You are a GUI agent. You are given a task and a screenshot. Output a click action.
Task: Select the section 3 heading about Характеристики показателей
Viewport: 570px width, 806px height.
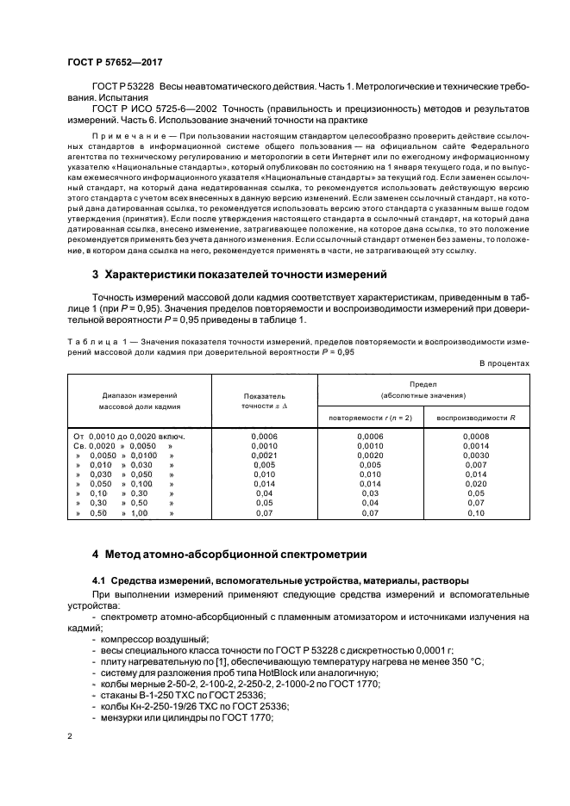click(x=239, y=274)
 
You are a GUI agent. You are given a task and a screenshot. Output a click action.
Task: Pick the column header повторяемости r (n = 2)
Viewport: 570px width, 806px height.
click(x=371, y=418)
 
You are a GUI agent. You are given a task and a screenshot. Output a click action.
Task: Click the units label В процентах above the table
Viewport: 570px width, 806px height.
click(x=504, y=363)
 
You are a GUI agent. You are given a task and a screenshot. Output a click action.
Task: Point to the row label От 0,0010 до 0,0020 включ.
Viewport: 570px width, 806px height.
click(x=129, y=437)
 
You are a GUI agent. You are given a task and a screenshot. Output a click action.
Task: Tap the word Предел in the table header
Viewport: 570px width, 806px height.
click(x=423, y=383)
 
